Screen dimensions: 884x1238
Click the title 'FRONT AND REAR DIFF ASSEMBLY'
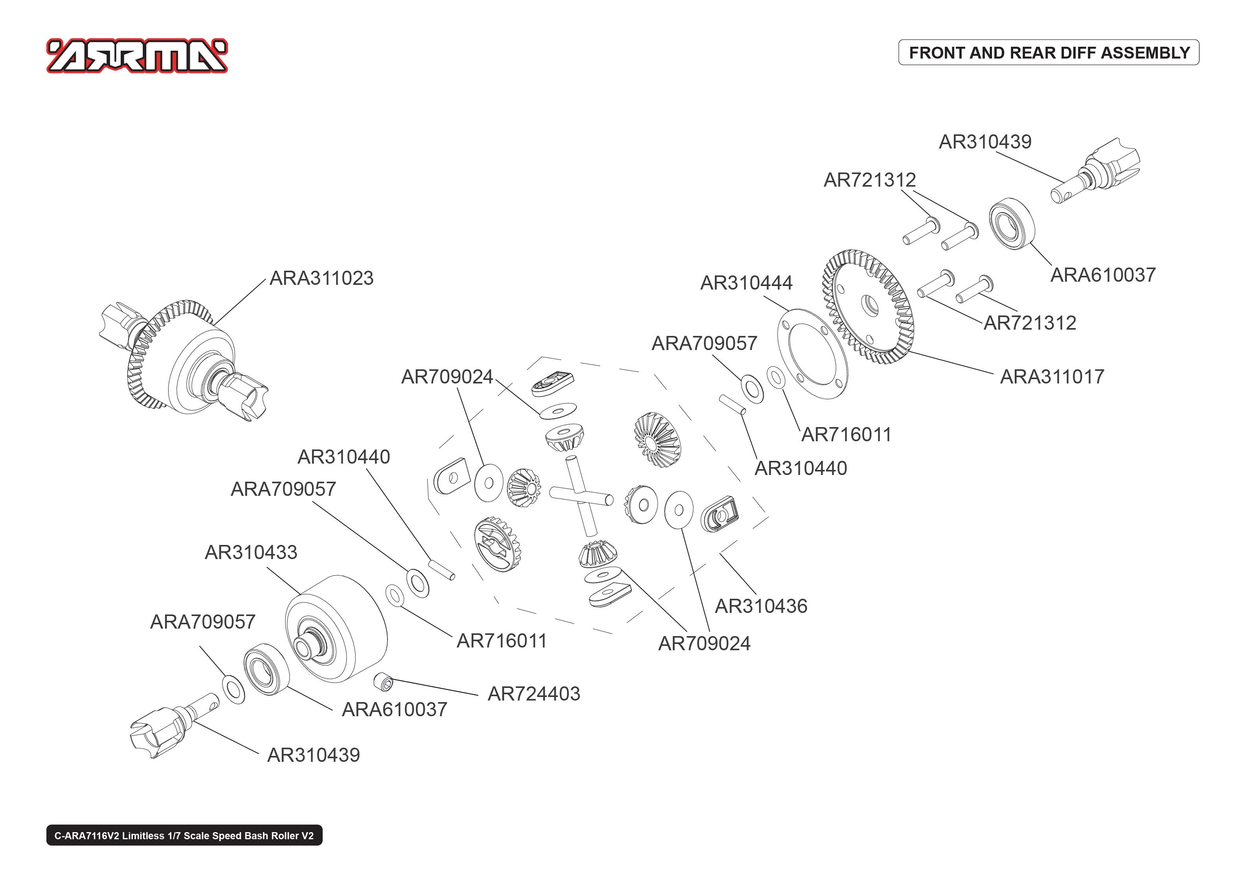pos(1049,53)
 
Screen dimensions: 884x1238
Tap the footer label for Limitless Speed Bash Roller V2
pos(184,836)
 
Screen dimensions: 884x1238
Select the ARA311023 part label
pos(322,278)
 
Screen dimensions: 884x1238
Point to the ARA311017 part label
pos(1052,377)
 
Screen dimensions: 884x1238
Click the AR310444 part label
pos(746,283)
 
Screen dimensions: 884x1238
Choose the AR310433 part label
pos(251,552)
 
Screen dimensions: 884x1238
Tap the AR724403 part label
pos(534,694)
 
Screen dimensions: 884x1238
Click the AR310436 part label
pos(760,606)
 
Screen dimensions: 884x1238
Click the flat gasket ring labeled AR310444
pos(812,354)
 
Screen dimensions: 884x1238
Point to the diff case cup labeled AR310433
pos(336,628)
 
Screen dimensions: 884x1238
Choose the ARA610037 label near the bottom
pos(394,710)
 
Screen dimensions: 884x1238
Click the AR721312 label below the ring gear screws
pos(1029,323)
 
